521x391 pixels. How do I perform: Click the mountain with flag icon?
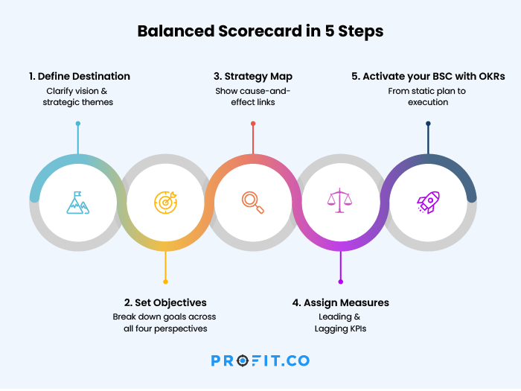[x=77, y=203]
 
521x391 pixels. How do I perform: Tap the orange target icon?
[x=165, y=203]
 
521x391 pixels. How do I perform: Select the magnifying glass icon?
[x=253, y=203]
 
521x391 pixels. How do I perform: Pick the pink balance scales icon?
[x=339, y=200]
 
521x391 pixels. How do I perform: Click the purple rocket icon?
[x=428, y=202]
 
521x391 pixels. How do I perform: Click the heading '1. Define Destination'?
[x=80, y=76]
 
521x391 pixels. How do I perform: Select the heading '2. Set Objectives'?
[x=165, y=302]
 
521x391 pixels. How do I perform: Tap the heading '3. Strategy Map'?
[x=253, y=77]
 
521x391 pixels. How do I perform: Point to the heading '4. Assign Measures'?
[x=341, y=302]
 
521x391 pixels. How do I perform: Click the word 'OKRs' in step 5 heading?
[x=492, y=76]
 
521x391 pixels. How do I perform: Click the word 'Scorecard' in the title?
[x=260, y=31]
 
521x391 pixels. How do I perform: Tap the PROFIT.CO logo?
[x=260, y=360]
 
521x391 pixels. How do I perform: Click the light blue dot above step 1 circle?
[x=78, y=124]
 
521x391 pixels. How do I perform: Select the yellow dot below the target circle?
[x=165, y=282]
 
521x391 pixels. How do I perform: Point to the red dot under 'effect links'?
[x=253, y=124]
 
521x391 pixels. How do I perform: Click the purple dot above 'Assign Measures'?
[x=341, y=282]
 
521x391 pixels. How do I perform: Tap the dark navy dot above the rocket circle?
[x=428, y=124]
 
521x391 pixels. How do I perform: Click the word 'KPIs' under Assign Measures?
[x=357, y=328]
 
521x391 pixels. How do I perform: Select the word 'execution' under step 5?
[x=428, y=102]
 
